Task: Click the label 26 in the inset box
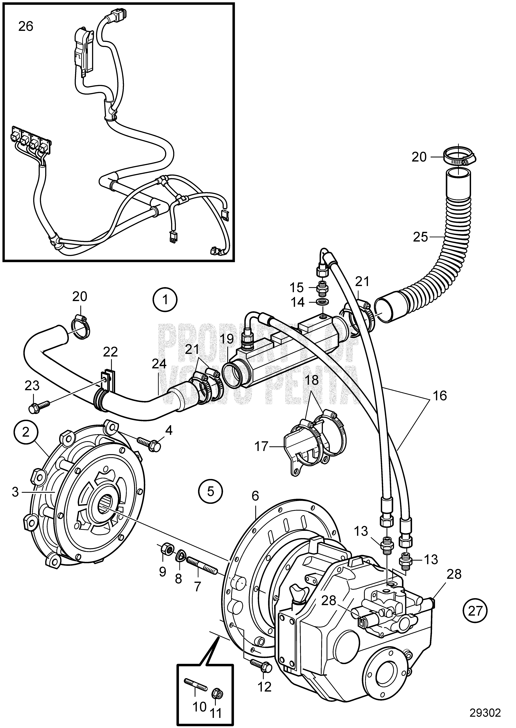(x=26, y=27)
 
